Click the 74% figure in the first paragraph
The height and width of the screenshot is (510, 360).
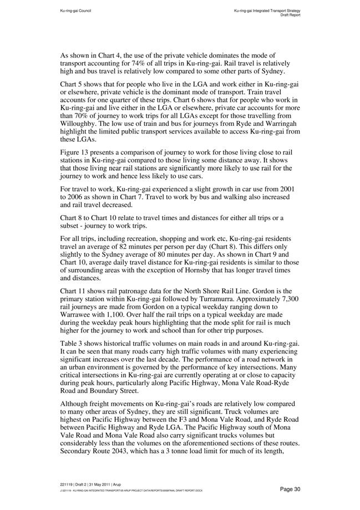[x=146, y=64]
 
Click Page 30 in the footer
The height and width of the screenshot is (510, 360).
[x=290, y=488]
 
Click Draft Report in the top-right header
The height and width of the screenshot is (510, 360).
[x=290, y=15]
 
